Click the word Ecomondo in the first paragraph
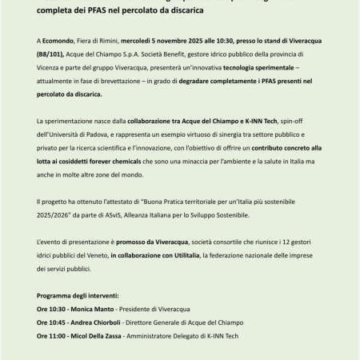pos(58,39)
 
